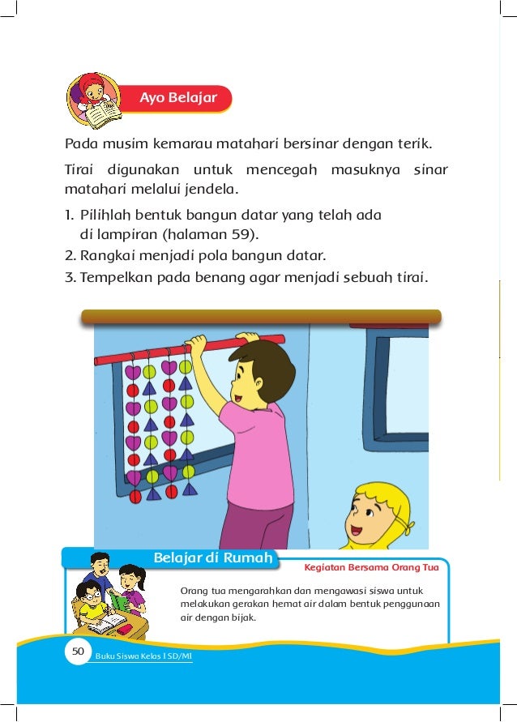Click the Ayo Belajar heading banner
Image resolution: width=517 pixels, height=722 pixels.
[x=177, y=98]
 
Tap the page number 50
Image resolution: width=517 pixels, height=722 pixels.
[x=78, y=651]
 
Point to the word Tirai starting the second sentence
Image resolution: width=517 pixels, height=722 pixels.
[x=79, y=171]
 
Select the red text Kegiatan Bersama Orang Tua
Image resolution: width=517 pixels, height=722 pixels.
[x=372, y=567]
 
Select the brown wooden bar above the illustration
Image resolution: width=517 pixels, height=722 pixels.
[x=260, y=317]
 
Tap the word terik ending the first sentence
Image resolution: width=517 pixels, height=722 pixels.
[x=413, y=146]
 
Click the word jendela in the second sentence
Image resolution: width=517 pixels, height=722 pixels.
[x=210, y=192]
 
